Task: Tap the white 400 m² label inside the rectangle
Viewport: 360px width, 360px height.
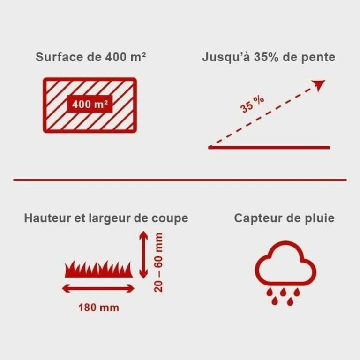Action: [x=90, y=105]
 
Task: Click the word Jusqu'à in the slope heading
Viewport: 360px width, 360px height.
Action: [x=226, y=57]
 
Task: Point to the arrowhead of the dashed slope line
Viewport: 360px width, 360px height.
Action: [x=319, y=85]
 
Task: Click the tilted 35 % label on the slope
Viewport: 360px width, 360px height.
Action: [x=252, y=104]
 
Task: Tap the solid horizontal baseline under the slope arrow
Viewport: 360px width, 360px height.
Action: [x=269, y=147]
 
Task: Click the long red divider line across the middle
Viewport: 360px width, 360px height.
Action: [x=180, y=180]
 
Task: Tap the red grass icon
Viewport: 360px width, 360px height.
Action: [x=99, y=269]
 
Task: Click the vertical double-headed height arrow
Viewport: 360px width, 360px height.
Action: [x=144, y=255]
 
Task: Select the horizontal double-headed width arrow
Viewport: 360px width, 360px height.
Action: [x=98, y=288]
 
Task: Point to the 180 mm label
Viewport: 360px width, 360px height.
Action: [x=99, y=308]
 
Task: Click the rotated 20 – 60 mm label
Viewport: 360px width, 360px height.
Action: [x=158, y=262]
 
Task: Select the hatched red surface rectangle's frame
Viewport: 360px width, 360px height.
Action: [x=90, y=79]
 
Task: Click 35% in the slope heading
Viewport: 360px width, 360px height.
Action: [x=266, y=57]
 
